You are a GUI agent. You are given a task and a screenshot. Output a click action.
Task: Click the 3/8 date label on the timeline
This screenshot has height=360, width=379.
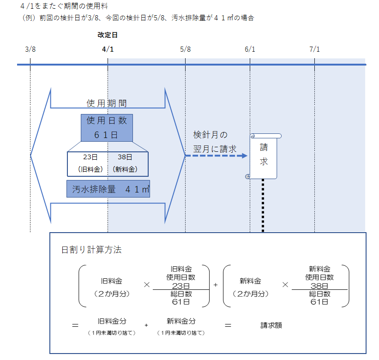coord(30,49)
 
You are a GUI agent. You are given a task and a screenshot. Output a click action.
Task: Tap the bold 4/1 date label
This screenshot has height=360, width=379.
coord(108,49)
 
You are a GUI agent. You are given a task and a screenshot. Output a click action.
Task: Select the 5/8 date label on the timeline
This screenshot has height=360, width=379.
coord(185,49)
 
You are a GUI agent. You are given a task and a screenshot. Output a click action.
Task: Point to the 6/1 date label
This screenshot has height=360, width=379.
coord(250,49)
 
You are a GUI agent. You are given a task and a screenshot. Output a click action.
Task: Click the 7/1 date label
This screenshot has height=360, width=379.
coord(314,49)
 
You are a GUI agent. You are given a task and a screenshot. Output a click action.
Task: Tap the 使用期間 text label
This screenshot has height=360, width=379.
coord(107,103)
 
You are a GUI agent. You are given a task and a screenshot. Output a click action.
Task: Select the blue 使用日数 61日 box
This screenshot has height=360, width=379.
coord(107,128)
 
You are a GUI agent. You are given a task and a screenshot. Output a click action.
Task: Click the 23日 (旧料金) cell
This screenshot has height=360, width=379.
coord(88,163)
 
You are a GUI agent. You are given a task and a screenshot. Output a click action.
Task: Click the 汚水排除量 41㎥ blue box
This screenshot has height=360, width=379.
coord(108,189)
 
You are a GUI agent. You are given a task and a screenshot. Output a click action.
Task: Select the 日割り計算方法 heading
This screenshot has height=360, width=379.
coord(91,250)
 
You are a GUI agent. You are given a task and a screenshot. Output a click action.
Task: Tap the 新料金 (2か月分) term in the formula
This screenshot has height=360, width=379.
coord(251,287)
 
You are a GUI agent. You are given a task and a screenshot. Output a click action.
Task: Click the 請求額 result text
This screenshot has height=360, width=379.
coord(271,325)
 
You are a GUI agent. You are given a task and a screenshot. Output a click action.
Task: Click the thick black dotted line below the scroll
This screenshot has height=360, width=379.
coord(263,205)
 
